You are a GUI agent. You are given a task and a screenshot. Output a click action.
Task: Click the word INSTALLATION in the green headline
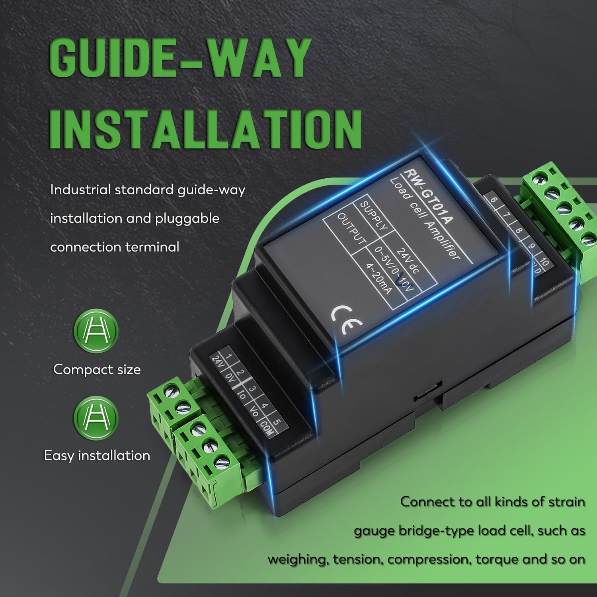pos(205,129)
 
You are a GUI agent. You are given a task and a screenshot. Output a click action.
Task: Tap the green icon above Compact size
pos(96,331)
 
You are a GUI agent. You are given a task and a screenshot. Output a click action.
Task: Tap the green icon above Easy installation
pos(96,418)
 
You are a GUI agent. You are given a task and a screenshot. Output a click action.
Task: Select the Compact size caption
pos(97,370)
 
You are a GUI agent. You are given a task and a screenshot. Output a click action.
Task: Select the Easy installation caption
pos(97,456)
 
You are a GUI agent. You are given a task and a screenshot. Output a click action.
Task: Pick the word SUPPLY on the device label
pos(373,216)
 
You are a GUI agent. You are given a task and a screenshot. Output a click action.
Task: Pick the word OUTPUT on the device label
pos(351,228)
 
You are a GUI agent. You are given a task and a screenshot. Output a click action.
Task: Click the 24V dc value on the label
pos(408,261)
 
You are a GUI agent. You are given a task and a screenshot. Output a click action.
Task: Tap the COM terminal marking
pos(265,429)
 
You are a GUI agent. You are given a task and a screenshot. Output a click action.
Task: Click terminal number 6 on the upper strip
pos(494,200)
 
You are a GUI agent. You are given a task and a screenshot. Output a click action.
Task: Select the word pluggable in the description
pos(187,219)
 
